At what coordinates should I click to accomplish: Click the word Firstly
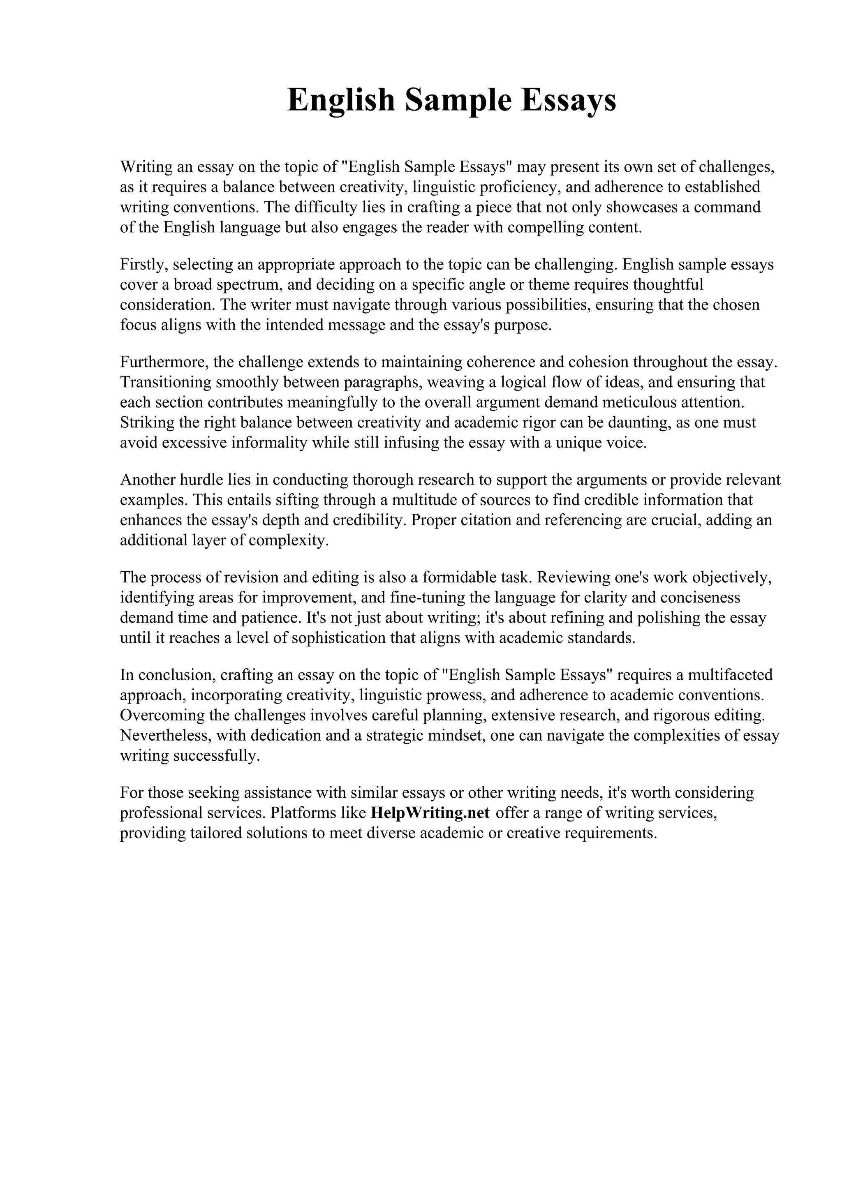tap(144, 265)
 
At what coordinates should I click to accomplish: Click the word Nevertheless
tap(163, 736)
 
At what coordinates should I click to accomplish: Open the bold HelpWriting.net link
tap(430, 813)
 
